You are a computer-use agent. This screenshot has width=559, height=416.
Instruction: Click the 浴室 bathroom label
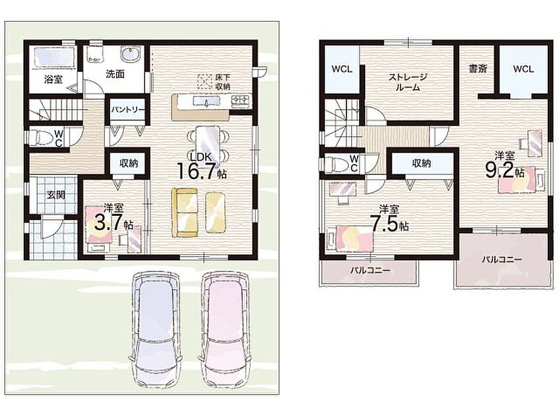53,79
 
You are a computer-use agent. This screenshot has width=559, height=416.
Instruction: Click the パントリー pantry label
127,110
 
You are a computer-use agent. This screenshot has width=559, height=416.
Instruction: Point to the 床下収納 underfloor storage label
222,82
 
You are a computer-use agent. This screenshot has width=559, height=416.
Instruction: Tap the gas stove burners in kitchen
241,101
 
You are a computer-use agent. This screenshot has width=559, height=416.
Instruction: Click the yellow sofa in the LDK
185,212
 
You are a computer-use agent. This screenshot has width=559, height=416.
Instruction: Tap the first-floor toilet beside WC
39,137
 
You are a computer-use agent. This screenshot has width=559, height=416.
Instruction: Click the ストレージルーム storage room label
408,82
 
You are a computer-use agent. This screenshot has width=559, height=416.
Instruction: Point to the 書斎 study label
478,69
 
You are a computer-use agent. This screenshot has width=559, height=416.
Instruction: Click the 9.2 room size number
500,170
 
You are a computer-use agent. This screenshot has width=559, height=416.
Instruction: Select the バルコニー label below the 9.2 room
502,260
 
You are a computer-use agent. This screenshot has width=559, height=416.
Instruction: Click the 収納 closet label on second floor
421,163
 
